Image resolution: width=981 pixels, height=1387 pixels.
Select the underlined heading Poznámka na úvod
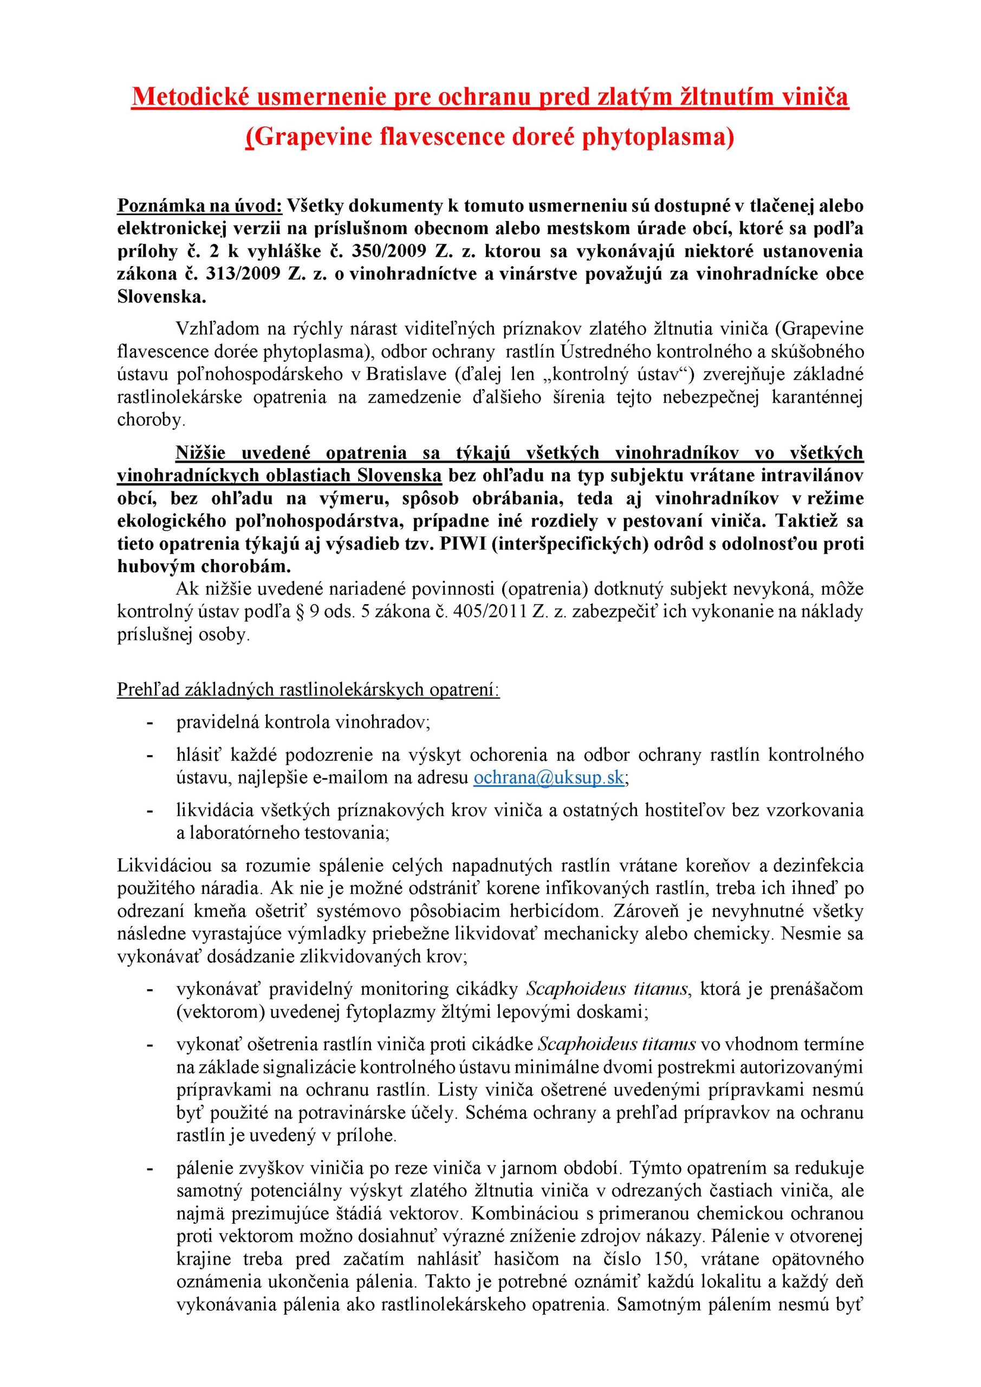click(200, 205)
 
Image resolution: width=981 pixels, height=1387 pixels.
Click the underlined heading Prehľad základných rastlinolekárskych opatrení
click(308, 690)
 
